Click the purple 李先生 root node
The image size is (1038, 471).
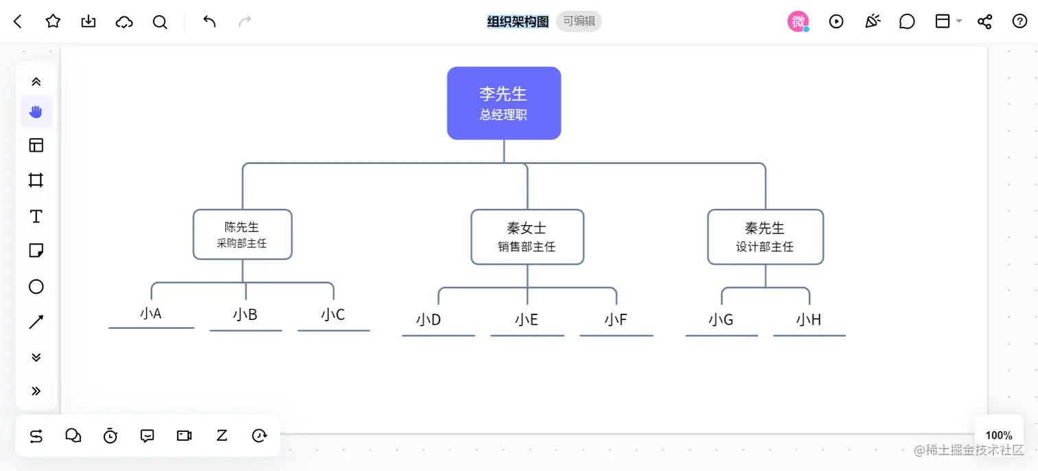tap(504, 103)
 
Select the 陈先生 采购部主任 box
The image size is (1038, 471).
tap(242, 234)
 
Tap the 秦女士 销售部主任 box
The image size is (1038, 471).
tap(527, 237)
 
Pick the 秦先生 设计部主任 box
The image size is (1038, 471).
tap(765, 237)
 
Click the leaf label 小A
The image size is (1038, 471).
tap(150, 314)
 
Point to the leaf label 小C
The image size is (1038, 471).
tap(333, 314)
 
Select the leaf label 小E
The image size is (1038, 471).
tap(527, 319)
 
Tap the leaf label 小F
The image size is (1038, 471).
tap(616, 319)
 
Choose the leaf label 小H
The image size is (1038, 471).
tap(809, 319)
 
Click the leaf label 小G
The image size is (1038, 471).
tap(721, 319)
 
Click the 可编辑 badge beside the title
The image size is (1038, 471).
tap(579, 21)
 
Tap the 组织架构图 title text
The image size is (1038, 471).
tap(518, 21)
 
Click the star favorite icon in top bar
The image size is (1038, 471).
tap(53, 21)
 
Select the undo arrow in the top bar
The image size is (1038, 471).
tap(209, 21)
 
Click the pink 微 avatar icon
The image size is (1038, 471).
tap(798, 21)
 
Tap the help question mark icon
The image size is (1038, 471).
tap(1019, 21)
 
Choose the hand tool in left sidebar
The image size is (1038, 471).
tap(36, 111)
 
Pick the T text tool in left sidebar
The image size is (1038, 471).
tap(36, 217)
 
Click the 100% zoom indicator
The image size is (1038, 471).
tap(998, 435)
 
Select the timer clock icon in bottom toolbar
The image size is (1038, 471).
tap(111, 435)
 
